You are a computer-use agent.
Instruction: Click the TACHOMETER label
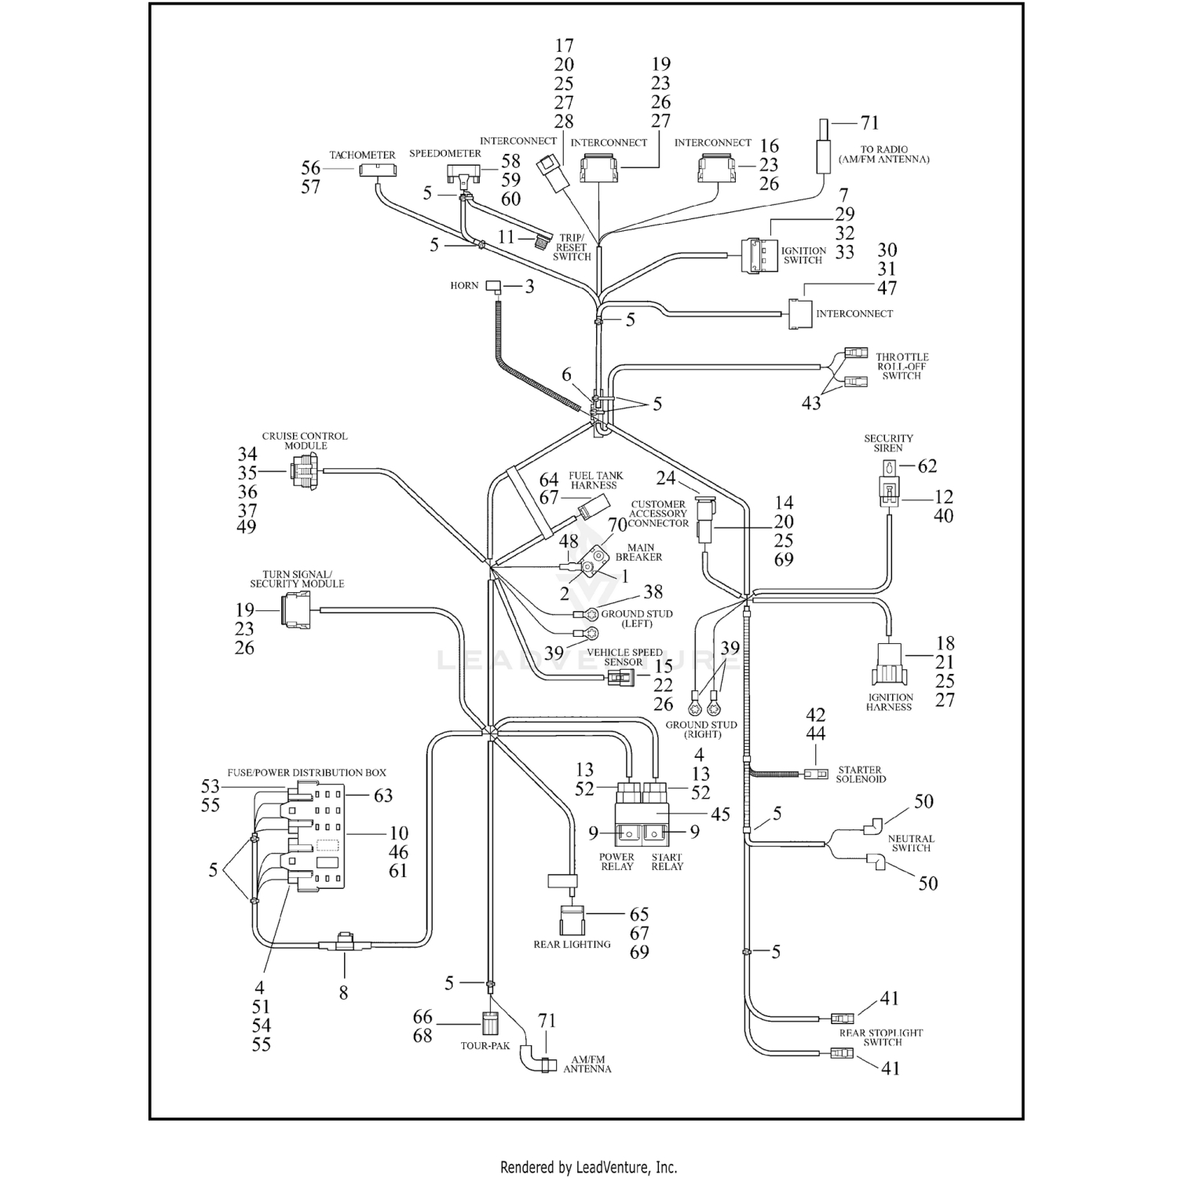click(362, 155)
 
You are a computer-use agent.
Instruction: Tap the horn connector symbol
click(493, 286)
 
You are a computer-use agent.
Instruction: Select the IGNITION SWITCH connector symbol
click(757, 255)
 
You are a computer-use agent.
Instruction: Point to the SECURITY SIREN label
click(888, 443)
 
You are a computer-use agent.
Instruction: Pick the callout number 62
click(927, 466)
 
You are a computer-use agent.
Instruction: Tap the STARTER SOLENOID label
click(860, 774)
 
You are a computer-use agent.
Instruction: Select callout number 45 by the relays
click(720, 814)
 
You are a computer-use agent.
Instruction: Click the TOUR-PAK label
click(485, 1046)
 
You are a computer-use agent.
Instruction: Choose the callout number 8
click(343, 993)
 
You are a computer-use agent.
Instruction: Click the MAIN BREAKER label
click(638, 552)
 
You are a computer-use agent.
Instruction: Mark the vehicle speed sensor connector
click(618, 676)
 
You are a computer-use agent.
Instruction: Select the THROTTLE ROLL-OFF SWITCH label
click(902, 366)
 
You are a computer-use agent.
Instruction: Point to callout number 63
click(382, 796)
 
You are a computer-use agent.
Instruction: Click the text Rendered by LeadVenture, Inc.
click(588, 1168)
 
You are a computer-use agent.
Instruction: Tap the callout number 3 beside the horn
click(529, 287)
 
